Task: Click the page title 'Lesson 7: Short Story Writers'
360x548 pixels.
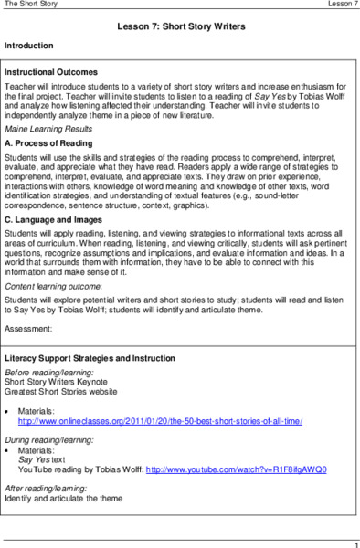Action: (x=181, y=27)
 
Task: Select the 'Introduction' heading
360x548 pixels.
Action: (x=29, y=45)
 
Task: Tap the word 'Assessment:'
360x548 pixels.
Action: (x=28, y=326)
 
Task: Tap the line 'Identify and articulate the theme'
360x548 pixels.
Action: (x=63, y=499)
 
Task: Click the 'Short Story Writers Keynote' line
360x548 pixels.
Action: (x=60, y=383)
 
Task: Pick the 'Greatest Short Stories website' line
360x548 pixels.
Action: (x=64, y=393)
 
